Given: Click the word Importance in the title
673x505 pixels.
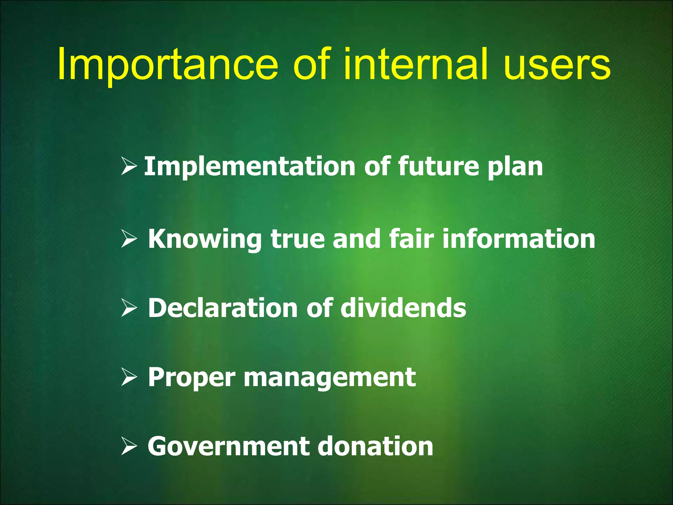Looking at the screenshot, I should [168, 64].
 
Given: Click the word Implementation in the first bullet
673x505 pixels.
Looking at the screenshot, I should [250, 167].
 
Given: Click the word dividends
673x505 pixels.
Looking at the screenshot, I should [403, 308].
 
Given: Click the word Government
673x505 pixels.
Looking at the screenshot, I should [228, 446].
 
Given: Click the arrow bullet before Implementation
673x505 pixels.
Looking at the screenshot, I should [129, 166].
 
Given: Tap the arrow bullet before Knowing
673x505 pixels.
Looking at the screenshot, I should [129, 239].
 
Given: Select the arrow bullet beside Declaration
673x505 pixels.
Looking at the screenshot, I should [129, 308].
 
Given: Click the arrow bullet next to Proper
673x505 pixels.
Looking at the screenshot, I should [129, 377].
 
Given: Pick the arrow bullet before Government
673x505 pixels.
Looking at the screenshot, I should [129, 446].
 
